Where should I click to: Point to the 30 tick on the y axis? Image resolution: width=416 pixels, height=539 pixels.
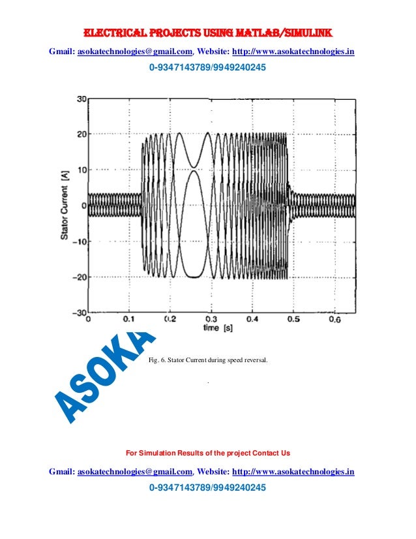click(82, 99)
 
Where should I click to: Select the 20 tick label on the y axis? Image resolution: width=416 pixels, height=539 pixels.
click(82, 134)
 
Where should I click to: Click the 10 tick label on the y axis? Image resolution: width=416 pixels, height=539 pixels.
click(82, 170)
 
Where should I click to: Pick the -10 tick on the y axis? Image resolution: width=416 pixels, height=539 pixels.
click(80, 241)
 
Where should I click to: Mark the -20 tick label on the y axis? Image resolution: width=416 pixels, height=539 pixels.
click(80, 277)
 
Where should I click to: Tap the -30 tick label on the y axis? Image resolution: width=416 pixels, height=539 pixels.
click(80, 313)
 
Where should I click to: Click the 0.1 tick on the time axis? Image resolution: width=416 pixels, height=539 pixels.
click(129, 319)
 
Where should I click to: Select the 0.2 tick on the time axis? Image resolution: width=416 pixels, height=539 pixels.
click(170, 319)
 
